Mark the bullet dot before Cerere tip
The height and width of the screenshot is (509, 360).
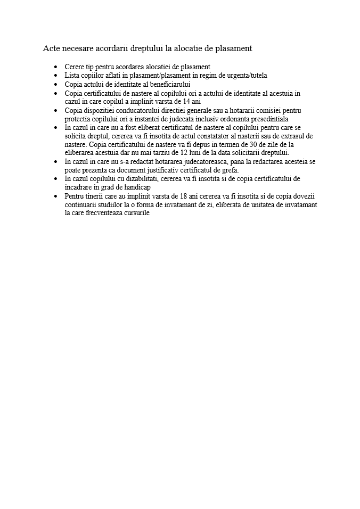(56, 67)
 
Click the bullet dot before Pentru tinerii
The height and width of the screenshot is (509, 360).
(56, 195)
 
